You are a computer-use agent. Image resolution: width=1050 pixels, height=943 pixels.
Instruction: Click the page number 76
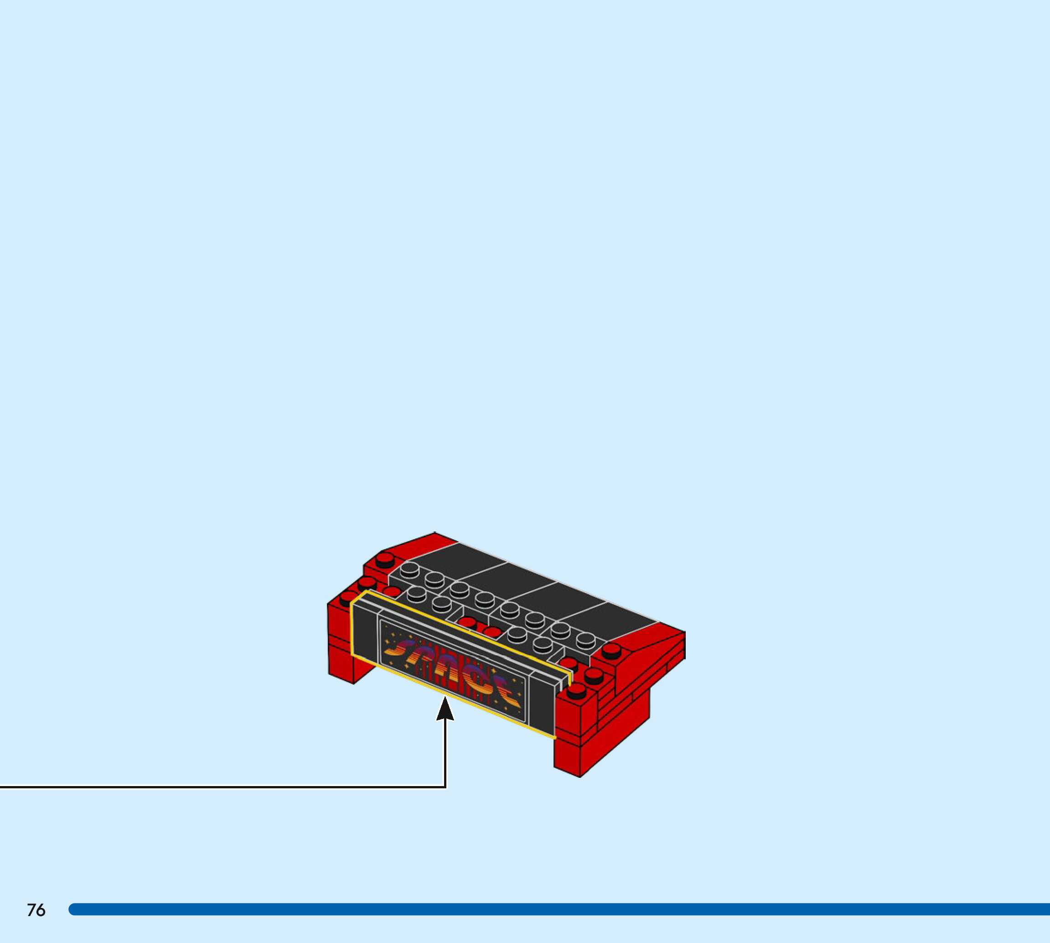[36, 910]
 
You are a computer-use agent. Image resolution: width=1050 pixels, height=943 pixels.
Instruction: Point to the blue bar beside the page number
[559, 909]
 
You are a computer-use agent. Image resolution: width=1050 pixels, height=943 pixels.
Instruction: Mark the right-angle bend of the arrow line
[445, 787]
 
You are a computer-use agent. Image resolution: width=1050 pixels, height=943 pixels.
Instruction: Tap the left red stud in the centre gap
[467, 623]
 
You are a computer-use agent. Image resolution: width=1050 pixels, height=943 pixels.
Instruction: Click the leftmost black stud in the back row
[409, 569]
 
